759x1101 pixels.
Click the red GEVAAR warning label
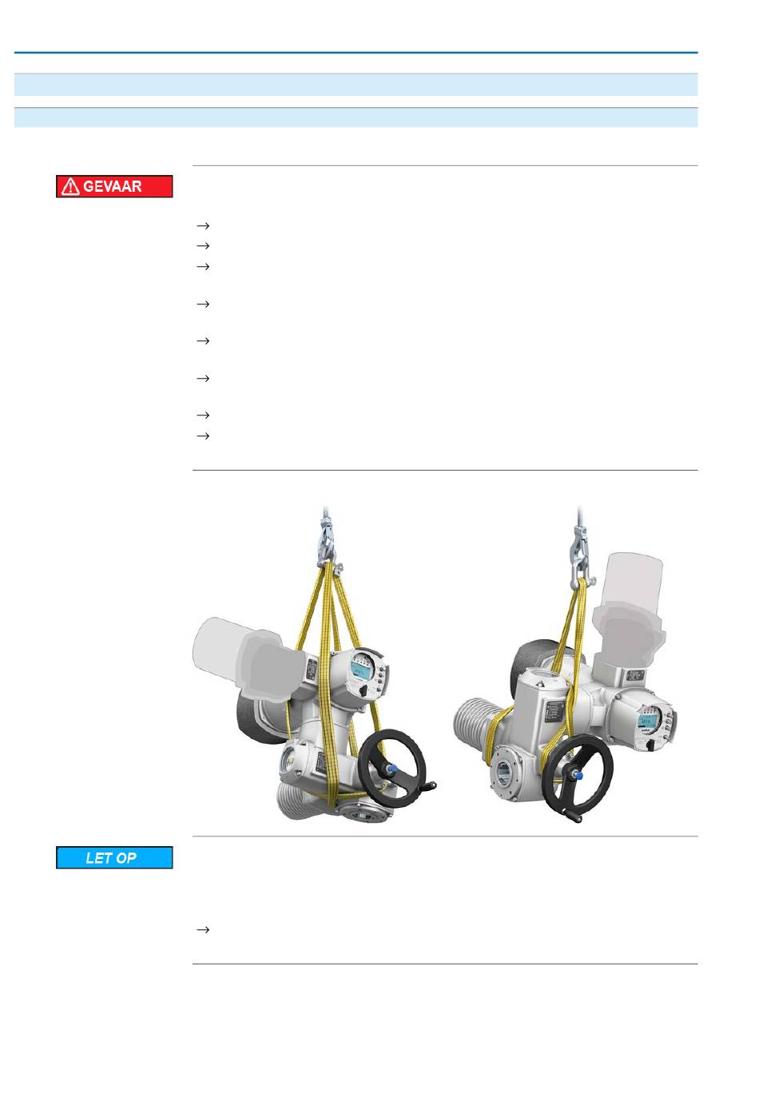click(x=114, y=186)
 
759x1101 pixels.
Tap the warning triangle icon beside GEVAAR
click(x=70, y=187)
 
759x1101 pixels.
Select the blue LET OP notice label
click(x=114, y=857)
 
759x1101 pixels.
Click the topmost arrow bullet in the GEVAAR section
click(x=203, y=225)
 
